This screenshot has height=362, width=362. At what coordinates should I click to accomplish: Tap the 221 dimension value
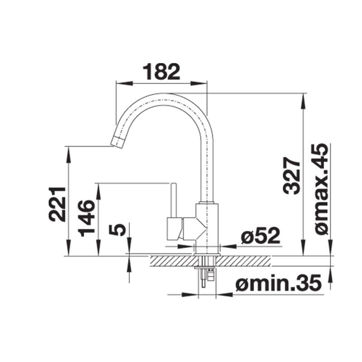point(57,204)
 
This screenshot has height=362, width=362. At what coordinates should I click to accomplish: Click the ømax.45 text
point(322,189)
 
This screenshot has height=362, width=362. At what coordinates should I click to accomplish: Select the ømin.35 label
point(278,283)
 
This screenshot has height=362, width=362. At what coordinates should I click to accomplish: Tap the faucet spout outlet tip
point(117,142)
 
